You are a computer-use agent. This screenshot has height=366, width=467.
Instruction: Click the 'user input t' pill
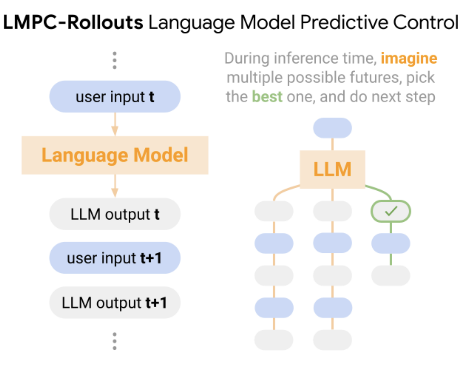click(115, 97)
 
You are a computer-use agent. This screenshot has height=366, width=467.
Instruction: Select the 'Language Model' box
click(115, 155)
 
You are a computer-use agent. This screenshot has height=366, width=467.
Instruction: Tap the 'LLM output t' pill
click(115, 214)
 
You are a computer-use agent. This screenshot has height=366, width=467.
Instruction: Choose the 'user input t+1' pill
click(115, 258)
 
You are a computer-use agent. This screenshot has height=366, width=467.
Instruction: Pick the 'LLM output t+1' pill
click(115, 302)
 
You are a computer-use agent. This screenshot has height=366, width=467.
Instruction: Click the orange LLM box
click(332, 169)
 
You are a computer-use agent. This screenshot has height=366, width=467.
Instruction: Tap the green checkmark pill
click(391, 211)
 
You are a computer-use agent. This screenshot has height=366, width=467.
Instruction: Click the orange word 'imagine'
click(409, 58)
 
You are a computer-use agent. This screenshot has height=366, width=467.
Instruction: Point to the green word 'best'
click(267, 97)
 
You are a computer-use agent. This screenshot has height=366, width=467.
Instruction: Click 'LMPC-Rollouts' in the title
click(73, 22)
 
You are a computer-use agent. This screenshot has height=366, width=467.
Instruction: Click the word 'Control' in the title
click(426, 22)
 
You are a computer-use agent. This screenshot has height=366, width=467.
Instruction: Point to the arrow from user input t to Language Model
click(115, 124)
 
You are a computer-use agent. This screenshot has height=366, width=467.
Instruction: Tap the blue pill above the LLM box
click(332, 128)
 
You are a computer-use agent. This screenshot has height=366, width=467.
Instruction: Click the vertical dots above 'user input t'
click(114, 60)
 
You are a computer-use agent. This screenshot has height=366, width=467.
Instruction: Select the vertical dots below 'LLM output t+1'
click(114, 341)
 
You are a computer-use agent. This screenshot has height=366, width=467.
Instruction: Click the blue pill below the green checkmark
click(391, 243)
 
